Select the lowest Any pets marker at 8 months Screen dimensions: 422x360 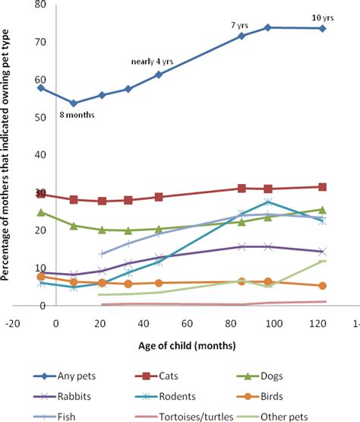74,103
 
